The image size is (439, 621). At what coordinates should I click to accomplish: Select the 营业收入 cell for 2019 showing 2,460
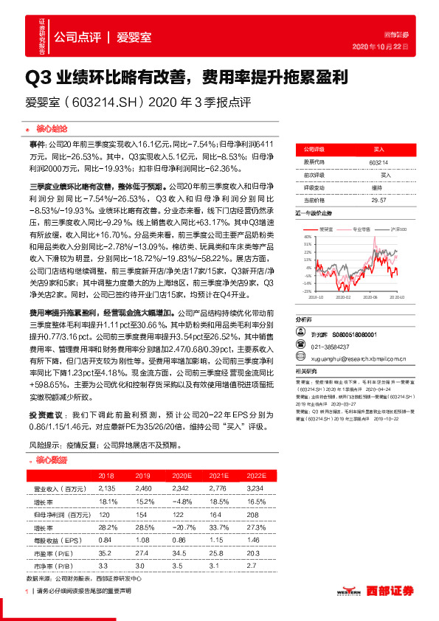coord(144,488)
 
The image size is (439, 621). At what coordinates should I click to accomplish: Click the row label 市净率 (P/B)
coord(51,564)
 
